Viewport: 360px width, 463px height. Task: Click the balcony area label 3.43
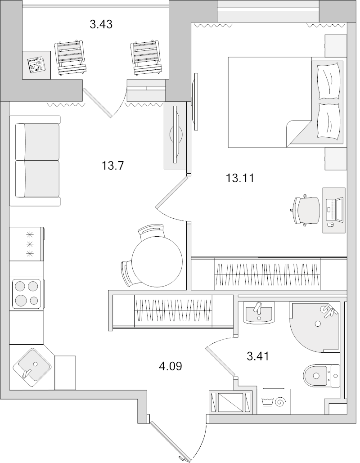tap(101, 24)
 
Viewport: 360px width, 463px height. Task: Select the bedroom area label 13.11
tap(240, 179)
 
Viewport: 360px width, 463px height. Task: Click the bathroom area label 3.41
tap(258, 357)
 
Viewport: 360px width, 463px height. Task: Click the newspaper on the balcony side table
tap(36, 65)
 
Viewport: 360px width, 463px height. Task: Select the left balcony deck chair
tap(70, 58)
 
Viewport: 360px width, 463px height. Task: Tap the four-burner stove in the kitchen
tap(27, 293)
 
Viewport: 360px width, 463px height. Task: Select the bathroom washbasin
tap(258, 312)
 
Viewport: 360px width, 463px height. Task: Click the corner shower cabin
tap(315, 326)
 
